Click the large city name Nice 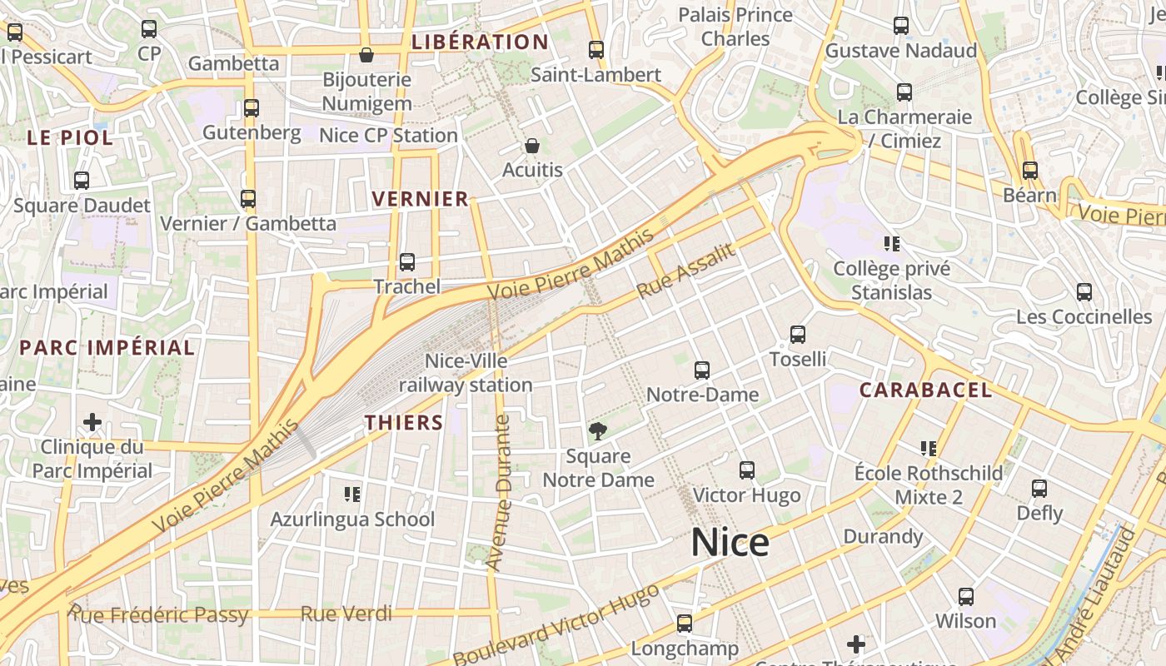[730, 543]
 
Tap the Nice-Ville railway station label [466, 373]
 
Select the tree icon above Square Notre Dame [597, 430]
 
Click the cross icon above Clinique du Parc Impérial [92, 422]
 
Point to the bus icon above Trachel [406, 262]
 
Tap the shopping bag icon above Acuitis [532, 146]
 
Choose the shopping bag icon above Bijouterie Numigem [366, 55]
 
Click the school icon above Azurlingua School [352, 495]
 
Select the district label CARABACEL [925, 390]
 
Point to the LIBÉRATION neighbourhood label [480, 42]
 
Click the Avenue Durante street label [501, 493]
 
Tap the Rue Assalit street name [688, 271]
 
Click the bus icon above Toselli [798, 335]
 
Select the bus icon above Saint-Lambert [595, 50]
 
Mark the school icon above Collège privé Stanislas [892, 244]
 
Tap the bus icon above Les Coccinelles [1084, 292]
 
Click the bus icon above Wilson [965, 596]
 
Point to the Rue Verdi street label [346, 614]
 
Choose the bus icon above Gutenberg [251, 108]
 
